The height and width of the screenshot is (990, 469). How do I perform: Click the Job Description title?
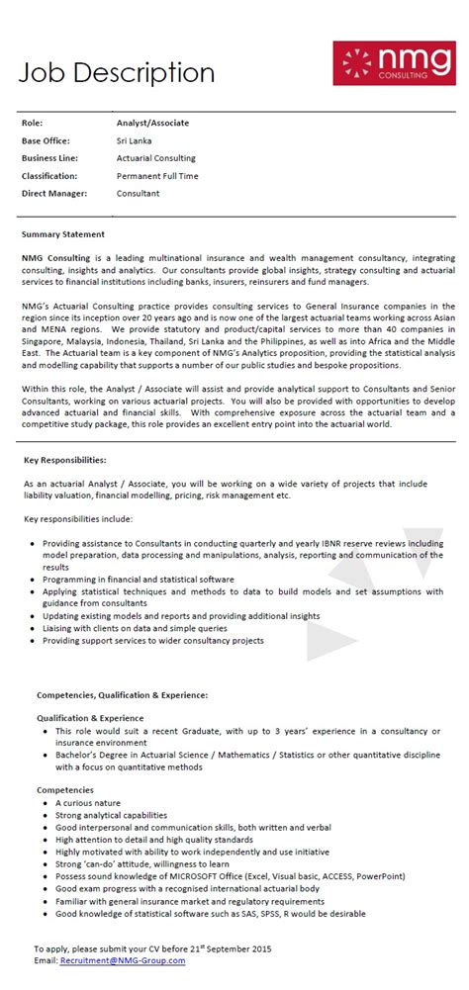pyautogui.click(x=116, y=72)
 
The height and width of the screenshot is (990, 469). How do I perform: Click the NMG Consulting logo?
pyautogui.click(x=393, y=62)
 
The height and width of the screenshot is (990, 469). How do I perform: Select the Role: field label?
pyautogui.click(x=33, y=123)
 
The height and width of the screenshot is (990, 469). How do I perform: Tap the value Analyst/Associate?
pyautogui.click(x=152, y=123)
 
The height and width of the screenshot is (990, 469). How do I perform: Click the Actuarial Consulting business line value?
pyautogui.click(x=156, y=158)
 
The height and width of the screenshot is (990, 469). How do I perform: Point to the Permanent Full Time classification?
pyautogui.click(x=157, y=176)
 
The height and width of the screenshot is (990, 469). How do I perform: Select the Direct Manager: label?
pyautogui.click(x=54, y=194)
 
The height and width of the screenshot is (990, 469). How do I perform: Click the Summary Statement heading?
pyautogui.click(x=62, y=234)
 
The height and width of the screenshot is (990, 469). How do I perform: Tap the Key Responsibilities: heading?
pyautogui.click(x=64, y=460)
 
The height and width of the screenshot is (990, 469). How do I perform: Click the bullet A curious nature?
pyautogui.click(x=88, y=803)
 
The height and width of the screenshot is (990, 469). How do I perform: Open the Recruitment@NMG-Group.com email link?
pyautogui.click(x=123, y=960)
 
